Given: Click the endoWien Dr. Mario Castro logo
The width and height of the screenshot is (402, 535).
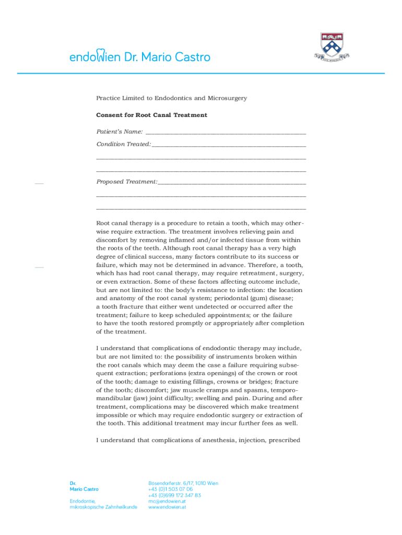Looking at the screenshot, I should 140,56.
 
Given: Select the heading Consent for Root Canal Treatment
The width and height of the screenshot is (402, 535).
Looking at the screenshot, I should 151,115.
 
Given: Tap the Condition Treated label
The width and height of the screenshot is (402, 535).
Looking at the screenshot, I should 123,144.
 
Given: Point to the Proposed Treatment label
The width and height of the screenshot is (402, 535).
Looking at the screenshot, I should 126,182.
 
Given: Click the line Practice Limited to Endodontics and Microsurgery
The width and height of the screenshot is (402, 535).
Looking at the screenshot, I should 171,98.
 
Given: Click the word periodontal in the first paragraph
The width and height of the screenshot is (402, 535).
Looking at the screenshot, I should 226,298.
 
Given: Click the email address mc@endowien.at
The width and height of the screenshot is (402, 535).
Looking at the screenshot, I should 167,501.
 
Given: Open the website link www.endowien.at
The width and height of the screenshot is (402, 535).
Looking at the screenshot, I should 167,507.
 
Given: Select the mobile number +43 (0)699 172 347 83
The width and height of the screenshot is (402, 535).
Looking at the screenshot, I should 174,495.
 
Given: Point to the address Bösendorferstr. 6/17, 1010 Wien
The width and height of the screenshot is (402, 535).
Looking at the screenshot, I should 183,483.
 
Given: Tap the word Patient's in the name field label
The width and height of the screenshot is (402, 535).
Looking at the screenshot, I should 109,132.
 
